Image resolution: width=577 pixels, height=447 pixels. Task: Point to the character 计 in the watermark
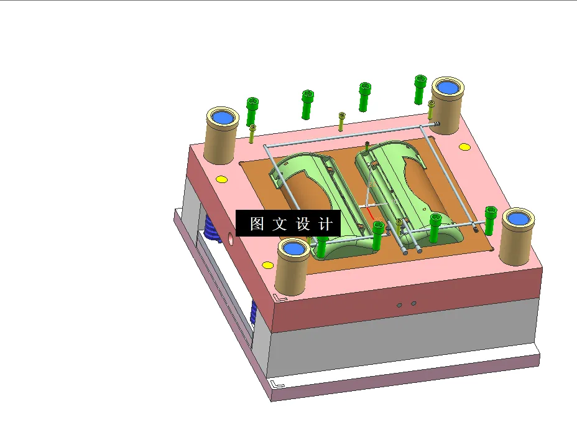click(326, 223)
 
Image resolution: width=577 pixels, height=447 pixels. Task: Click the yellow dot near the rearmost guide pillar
click(464, 148)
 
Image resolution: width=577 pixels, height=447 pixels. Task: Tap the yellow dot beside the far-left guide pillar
click(221, 180)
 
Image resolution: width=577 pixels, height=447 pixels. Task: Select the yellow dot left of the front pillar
click(267, 266)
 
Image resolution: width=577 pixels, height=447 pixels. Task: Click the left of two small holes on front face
click(400, 305)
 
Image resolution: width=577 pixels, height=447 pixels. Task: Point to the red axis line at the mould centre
click(372, 214)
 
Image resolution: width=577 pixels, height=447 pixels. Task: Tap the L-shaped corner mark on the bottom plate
click(277, 384)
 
